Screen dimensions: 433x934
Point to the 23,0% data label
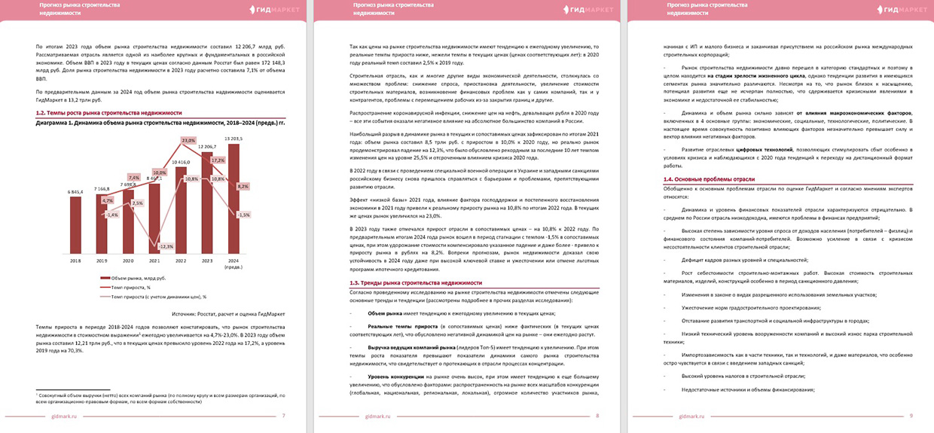point(188,141)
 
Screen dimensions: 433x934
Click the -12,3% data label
point(166,246)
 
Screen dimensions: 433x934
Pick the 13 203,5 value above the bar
point(233,139)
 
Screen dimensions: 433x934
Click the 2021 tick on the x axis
point(154,261)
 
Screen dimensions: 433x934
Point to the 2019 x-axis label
point(101,261)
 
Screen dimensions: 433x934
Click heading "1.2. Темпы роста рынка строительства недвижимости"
point(108,112)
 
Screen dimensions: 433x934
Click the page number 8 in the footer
point(597,416)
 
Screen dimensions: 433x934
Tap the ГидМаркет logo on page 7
point(275,9)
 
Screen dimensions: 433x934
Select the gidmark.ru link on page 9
point(692,416)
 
